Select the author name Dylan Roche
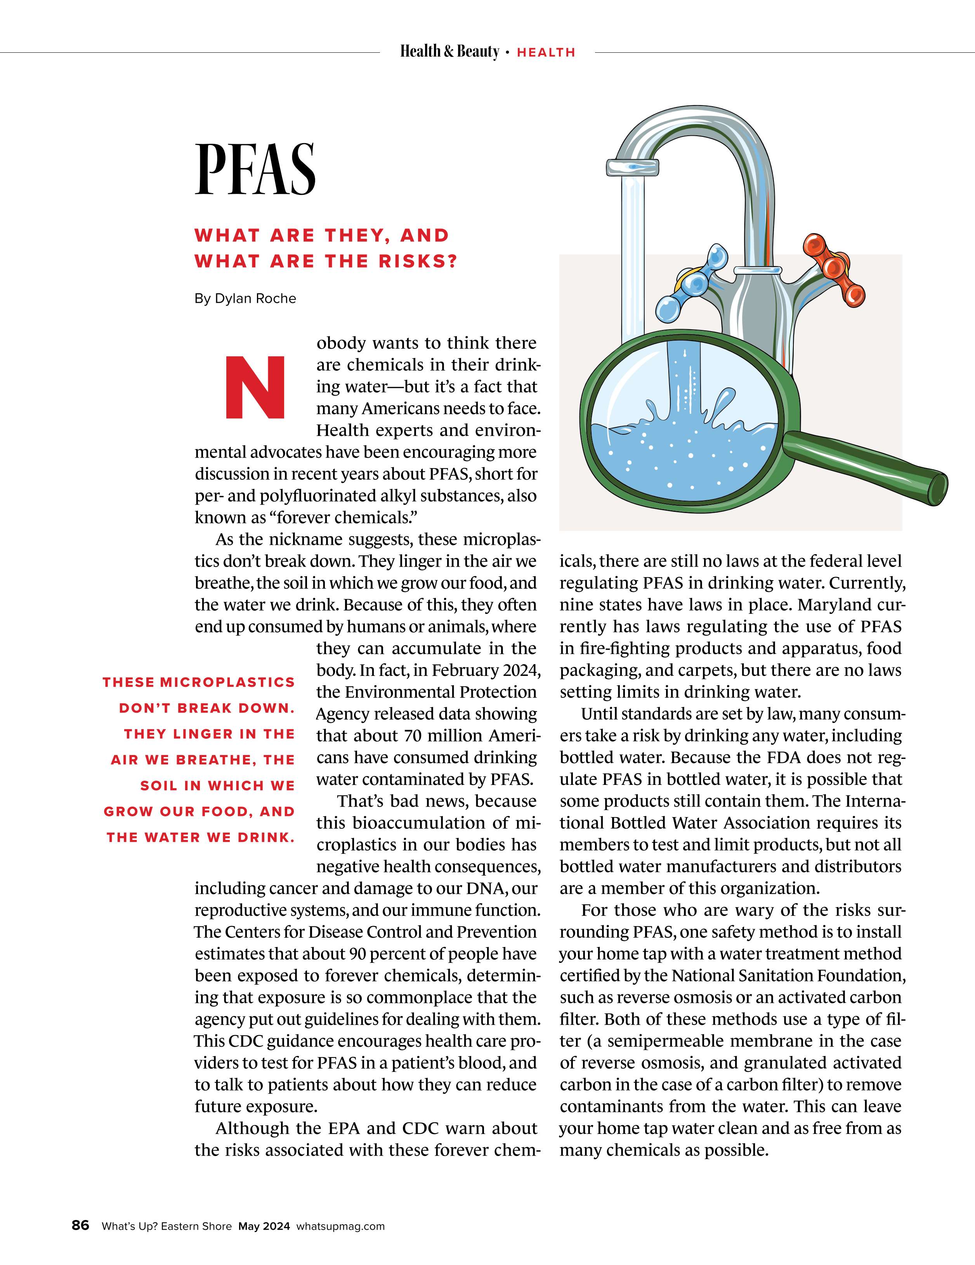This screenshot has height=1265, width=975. click(x=255, y=299)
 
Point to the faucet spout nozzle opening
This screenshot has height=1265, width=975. click(x=632, y=168)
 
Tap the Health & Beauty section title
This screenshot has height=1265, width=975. click(x=449, y=52)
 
